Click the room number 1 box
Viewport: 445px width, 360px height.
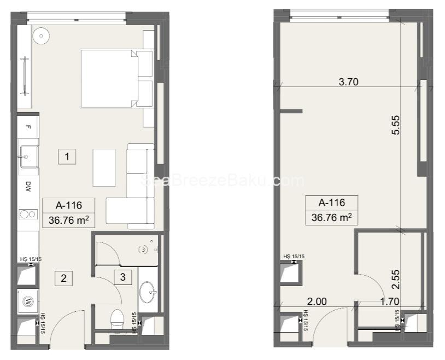pyautogui.click(x=67, y=157)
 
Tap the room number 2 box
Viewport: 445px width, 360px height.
pyautogui.click(x=63, y=278)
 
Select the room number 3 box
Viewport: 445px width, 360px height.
pyautogui.click(x=122, y=277)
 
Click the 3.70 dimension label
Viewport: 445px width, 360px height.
pyautogui.click(x=348, y=83)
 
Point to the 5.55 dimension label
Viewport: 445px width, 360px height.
pyautogui.click(x=396, y=127)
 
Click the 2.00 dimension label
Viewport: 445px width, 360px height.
pyautogui.click(x=317, y=301)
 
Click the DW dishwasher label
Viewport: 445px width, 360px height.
pyautogui.click(x=27, y=187)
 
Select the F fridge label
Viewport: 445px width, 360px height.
pyautogui.click(x=28, y=127)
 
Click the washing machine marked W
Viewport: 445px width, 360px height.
pyautogui.click(x=27, y=300)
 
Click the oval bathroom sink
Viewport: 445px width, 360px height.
pyautogui.click(x=147, y=292)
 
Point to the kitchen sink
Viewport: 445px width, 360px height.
pyautogui.click(x=28, y=156)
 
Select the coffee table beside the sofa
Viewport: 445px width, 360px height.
pyautogui.click(x=104, y=167)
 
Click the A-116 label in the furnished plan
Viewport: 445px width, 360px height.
pyautogui.click(x=69, y=206)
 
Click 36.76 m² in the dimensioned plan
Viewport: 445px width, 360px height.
pyautogui.click(x=331, y=217)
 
